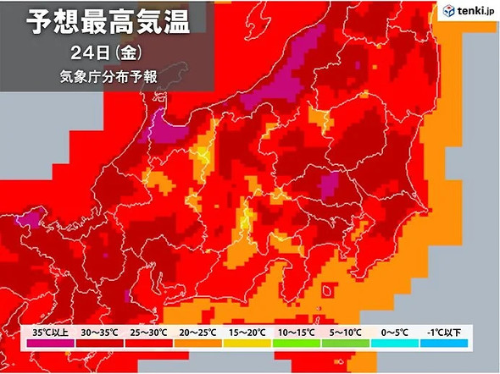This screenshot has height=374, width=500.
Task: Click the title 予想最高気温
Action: coord(103,23)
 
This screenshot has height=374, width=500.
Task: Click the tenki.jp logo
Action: coord(465,10)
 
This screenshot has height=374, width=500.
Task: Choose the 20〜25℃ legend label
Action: coord(200,332)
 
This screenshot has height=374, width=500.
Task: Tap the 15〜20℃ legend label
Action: coord(248,332)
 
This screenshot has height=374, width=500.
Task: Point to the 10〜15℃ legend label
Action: coord(297,332)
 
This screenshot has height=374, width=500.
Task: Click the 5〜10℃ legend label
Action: coord(347,332)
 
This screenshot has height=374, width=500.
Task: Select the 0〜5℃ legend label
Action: coord(395,332)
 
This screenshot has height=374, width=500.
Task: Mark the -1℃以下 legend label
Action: coord(444,332)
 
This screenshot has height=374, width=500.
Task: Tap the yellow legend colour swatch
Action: coord(248,344)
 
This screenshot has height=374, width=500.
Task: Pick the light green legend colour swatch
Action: coord(347,344)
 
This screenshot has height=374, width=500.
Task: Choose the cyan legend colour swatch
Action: coord(395,344)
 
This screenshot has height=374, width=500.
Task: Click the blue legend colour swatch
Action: coord(444,344)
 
